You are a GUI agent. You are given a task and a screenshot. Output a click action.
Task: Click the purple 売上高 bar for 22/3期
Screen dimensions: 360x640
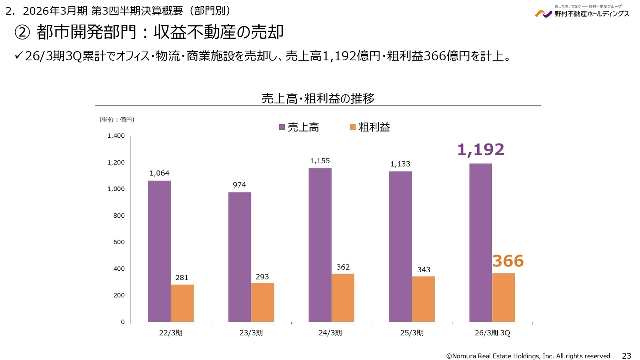[159, 251]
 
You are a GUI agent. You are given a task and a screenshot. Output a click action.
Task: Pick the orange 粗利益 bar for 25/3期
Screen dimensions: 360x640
[423, 299]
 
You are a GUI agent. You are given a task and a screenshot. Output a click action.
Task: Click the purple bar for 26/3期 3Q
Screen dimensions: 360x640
[480, 243]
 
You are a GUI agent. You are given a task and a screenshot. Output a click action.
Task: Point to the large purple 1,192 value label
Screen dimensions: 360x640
[480, 149]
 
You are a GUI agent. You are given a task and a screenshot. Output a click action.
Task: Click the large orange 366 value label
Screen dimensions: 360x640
[508, 261]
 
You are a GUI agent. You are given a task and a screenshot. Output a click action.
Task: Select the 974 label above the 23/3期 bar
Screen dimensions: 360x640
[239, 185]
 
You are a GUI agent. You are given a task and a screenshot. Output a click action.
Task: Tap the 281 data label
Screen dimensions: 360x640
[182, 277]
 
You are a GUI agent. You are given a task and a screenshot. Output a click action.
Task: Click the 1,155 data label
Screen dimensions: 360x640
[320, 161]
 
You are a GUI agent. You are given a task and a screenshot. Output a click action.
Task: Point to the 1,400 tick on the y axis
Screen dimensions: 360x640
[116, 136]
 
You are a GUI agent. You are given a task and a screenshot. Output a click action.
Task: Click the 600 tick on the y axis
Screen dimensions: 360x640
[119, 242]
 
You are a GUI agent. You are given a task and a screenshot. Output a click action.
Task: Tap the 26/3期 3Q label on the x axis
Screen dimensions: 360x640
[492, 333]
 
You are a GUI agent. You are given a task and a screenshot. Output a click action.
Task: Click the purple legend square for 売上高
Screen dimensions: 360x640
[282, 127]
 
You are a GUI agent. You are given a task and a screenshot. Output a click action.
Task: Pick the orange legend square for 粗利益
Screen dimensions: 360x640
[353, 127]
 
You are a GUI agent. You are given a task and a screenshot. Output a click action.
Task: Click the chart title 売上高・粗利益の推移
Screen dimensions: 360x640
[318, 98]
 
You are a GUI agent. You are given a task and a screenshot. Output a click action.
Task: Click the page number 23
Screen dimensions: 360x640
[626, 355]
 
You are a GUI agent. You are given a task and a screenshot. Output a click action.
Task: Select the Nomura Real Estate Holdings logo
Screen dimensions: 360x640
[582, 12]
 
